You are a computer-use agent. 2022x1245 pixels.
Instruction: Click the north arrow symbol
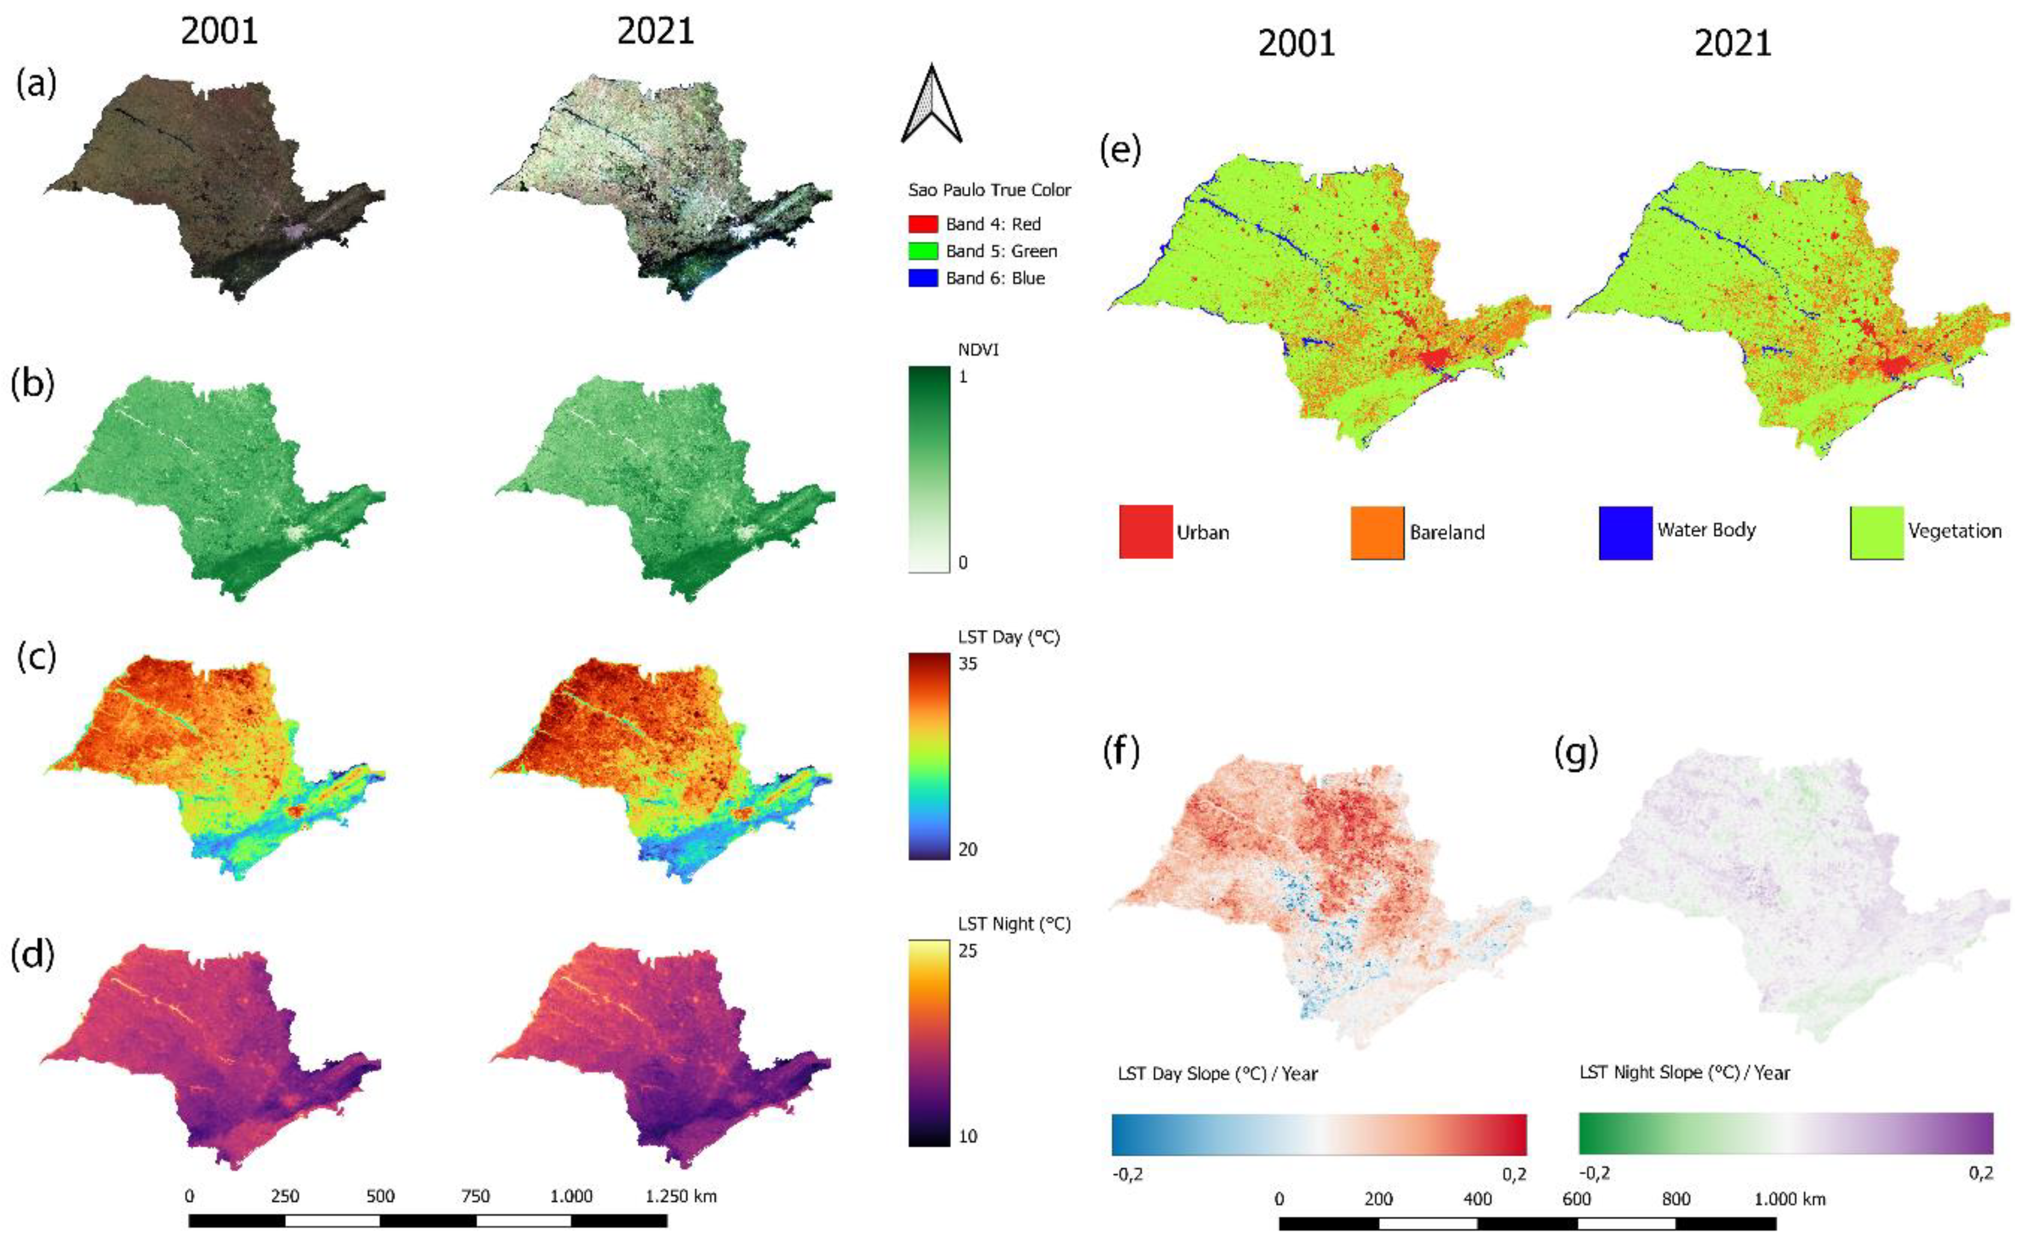(x=931, y=105)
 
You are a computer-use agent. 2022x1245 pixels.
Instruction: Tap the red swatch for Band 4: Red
(x=923, y=224)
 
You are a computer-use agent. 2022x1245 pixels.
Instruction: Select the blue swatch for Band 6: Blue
(x=923, y=278)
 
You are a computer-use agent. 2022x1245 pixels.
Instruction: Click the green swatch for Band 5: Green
(x=923, y=251)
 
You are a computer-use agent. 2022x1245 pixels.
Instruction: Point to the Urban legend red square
(x=1145, y=532)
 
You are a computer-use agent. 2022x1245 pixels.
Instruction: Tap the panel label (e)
(x=1120, y=151)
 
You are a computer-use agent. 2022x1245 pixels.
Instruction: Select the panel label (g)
(x=1576, y=752)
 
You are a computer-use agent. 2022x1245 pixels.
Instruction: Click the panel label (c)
(x=36, y=656)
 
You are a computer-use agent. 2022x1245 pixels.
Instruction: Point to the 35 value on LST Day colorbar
(x=968, y=664)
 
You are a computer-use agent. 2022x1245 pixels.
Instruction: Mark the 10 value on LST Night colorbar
(x=968, y=1137)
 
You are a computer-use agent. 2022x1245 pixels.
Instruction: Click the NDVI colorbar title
(x=978, y=350)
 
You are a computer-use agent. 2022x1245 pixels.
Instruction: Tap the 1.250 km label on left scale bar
(x=681, y=1196)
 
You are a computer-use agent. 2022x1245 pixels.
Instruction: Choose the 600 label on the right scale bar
(x=1576, y=1199)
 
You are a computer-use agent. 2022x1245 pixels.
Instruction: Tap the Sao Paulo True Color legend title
(x=989, y=190)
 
